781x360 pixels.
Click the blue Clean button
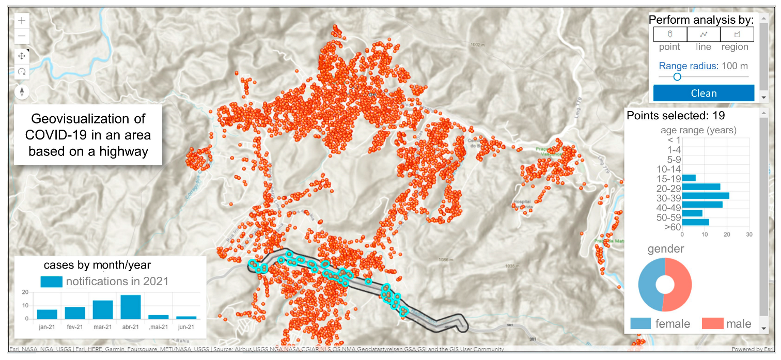703,93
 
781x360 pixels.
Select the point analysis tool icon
670,35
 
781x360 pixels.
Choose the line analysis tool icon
704,35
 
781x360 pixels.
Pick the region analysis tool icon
737,35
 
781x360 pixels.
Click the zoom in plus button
22,21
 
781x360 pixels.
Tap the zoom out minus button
22,36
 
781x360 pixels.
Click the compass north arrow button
22,92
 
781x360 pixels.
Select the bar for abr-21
131,307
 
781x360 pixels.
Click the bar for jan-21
47,314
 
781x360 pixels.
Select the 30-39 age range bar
706,196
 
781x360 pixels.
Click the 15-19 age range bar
689,178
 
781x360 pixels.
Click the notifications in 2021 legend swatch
51,281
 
